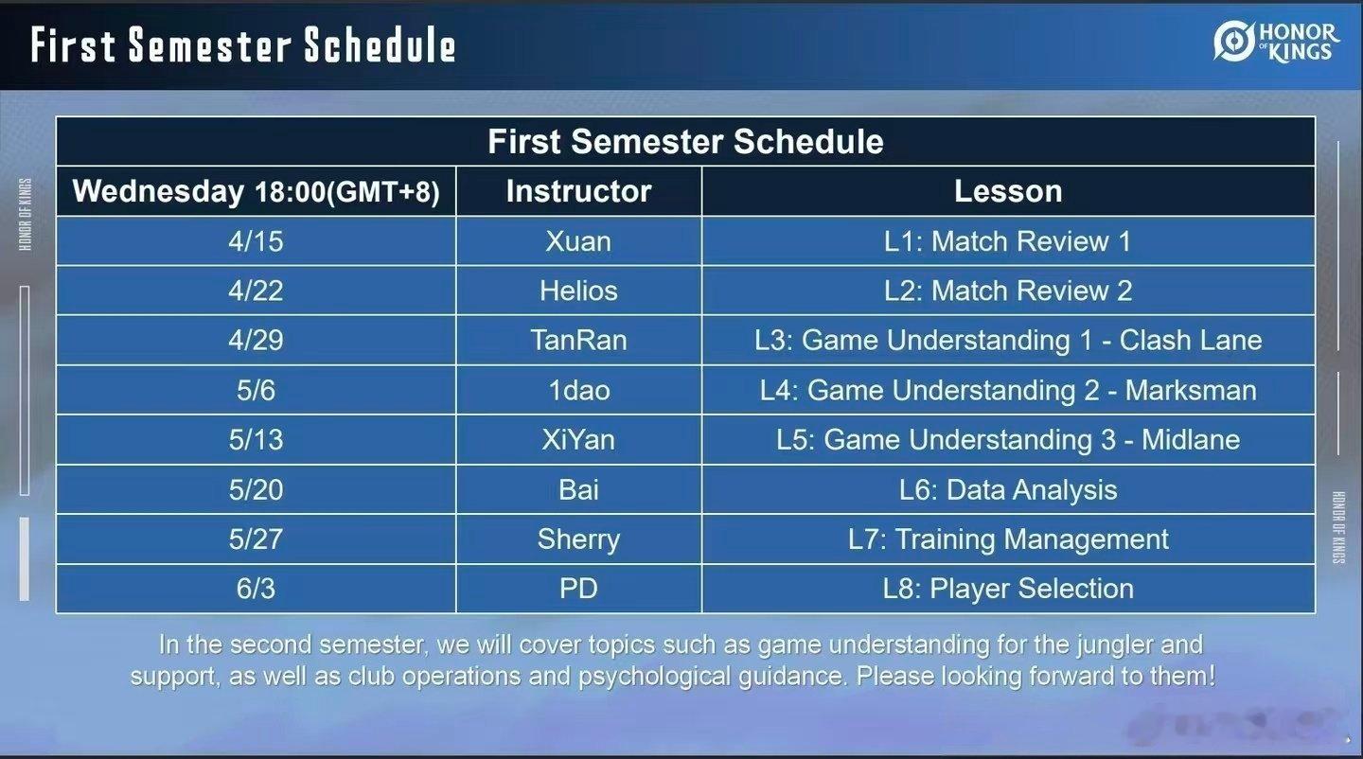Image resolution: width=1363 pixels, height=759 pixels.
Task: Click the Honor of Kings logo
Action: [x=1276, y=43]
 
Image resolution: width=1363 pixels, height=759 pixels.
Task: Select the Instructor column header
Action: [x=578, y=191]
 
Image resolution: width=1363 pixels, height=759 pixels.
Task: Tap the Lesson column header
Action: [x=1008, y=191]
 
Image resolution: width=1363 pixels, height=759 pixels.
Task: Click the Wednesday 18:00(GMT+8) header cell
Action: [x=256, y=191]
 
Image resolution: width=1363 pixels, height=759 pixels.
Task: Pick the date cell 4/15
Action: [x=256, y=241]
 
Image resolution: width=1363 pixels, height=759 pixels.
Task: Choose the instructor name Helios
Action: [x=578, y=291]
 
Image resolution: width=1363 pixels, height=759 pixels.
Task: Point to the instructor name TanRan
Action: [x=578, y=341]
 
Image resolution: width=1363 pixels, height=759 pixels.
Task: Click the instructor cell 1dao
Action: [x=578, y=390]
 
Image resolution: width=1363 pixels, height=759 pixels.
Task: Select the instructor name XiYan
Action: [x=578, y=440]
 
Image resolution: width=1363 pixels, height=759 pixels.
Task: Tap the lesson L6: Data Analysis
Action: [x=1008, y=489]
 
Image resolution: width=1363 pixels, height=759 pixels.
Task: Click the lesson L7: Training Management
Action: [x=1008, y=539]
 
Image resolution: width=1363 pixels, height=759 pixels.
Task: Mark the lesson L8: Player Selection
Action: [x=1008, y=589]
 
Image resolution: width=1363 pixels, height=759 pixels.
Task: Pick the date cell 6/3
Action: [x=256, y=589]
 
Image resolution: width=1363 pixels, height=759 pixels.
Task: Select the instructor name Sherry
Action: [x=578, y=539]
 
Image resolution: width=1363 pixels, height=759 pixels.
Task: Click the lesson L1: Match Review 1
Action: [x=1008, y=241]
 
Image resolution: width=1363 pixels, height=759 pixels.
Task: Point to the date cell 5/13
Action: [x=256, y=440]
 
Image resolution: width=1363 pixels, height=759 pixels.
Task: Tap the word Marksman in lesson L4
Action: [x=1191, y=390]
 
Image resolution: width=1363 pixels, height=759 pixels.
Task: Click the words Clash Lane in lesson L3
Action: [x=1191, y=341]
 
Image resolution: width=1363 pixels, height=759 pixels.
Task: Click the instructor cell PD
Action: [x=578, y=589]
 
